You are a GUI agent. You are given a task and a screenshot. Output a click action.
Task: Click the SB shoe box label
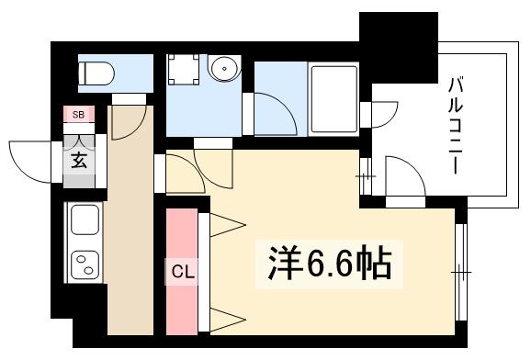[x=78, y=115]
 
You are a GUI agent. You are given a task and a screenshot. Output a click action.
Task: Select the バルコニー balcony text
[x=453, y=127]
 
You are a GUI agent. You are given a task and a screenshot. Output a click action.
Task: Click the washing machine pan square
[x=183, y=70]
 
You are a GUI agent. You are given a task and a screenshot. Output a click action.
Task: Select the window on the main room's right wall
[x=460, y=272]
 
